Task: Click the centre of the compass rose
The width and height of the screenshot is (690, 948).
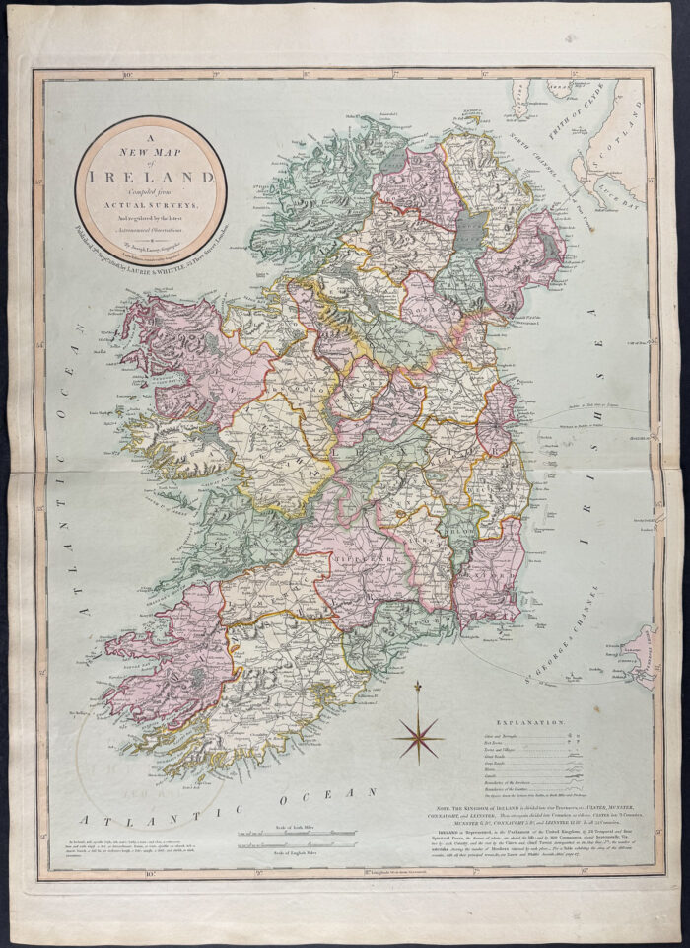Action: [417, 734]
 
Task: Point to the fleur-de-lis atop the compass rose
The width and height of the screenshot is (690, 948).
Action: [417, 686]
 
